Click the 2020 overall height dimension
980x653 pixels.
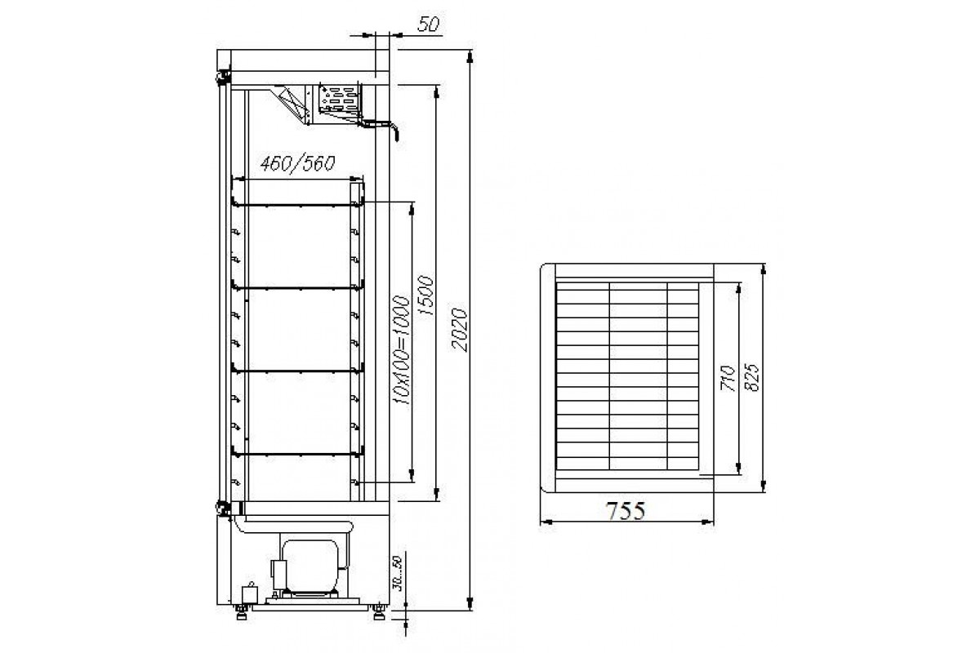pos(459,330)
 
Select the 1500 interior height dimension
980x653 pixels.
pos(426,295)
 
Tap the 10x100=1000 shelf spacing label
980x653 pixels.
pos(401,349)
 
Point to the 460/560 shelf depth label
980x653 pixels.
pos(297,163)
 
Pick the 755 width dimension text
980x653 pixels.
pos(626,511)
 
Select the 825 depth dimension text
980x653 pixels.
pos(752,377)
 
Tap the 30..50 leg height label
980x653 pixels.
pos(397,573)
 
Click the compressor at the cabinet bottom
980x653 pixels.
pos(309,568)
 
